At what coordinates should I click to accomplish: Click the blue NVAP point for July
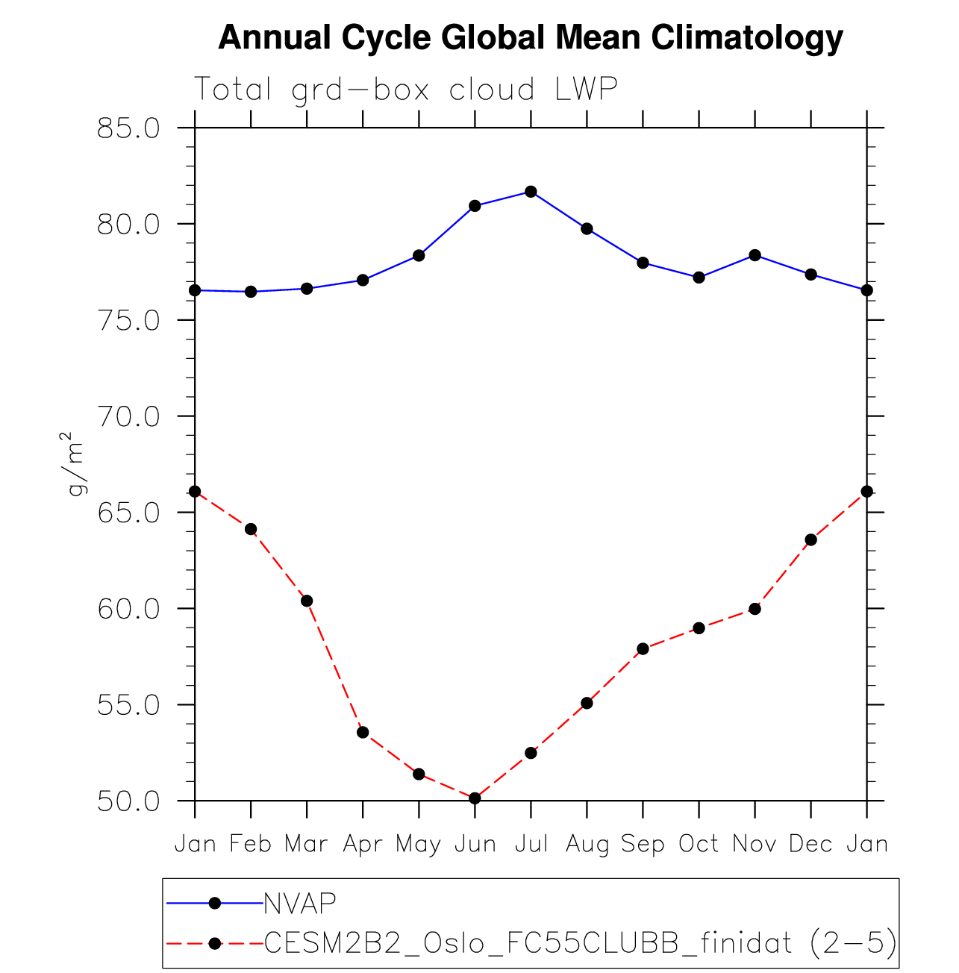pos(531,192)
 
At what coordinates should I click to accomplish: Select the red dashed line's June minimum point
pos(475,798)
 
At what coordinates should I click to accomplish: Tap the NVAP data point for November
pos(755,255)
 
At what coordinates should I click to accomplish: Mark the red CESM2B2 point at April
pos(363,732)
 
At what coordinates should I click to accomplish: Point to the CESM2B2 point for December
pos(810,539)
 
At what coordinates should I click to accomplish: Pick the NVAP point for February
pos(251,292)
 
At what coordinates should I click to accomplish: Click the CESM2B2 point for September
pos(643,648)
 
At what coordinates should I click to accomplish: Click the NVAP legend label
pos(300,903)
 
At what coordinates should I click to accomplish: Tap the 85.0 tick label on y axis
pos(128,128)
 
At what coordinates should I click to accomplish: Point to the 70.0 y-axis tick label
pos(128,416)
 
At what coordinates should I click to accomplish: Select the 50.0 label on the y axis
pos(128,801)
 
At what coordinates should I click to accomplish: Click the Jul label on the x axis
pos(531,844)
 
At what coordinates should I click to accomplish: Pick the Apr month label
pos(363,844)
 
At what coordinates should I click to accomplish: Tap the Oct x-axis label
pos(699,844)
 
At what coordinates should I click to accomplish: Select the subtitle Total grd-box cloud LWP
pos(405,90)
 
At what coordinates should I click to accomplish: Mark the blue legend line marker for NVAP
pos(215,903)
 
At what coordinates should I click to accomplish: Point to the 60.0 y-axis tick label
pos(128,609)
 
